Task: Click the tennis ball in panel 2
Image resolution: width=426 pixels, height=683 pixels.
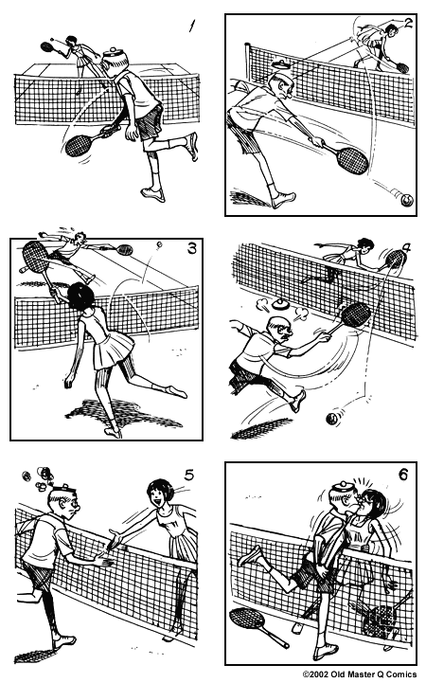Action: pyautogui.click(x=405, y=200)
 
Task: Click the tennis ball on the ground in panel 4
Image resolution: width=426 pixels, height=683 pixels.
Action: pyautogui.click(x=334, y=419)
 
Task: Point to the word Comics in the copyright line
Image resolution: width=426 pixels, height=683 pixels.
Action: pyautogui.click(x=402, y=675)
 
